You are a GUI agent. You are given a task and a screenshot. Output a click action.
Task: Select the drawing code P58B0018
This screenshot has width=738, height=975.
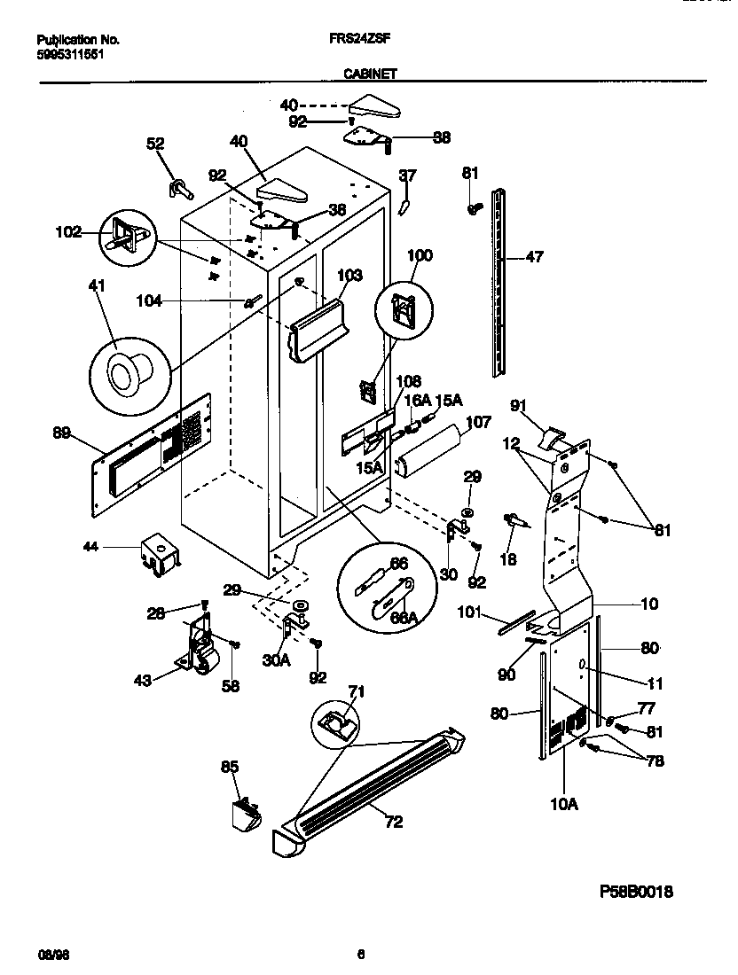pyautogui.click(x=633, y=892)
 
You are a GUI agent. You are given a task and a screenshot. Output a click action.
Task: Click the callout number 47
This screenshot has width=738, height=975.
pyautogui.click(x=533, y=257)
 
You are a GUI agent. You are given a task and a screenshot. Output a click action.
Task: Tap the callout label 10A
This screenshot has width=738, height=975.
pyautogui.click(x=564, y=804)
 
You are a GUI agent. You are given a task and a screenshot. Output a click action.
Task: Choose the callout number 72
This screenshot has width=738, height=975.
pyautogui.click(x=393, y=822)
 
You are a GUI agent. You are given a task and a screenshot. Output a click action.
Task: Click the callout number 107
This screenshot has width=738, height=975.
pyautogui.click(x=478, y=424)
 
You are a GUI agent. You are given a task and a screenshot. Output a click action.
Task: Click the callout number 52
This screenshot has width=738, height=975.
pyautogui.click(x=154, y=143)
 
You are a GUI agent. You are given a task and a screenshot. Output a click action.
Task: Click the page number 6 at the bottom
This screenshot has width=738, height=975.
pyautogui.click(x=361, y=954)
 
